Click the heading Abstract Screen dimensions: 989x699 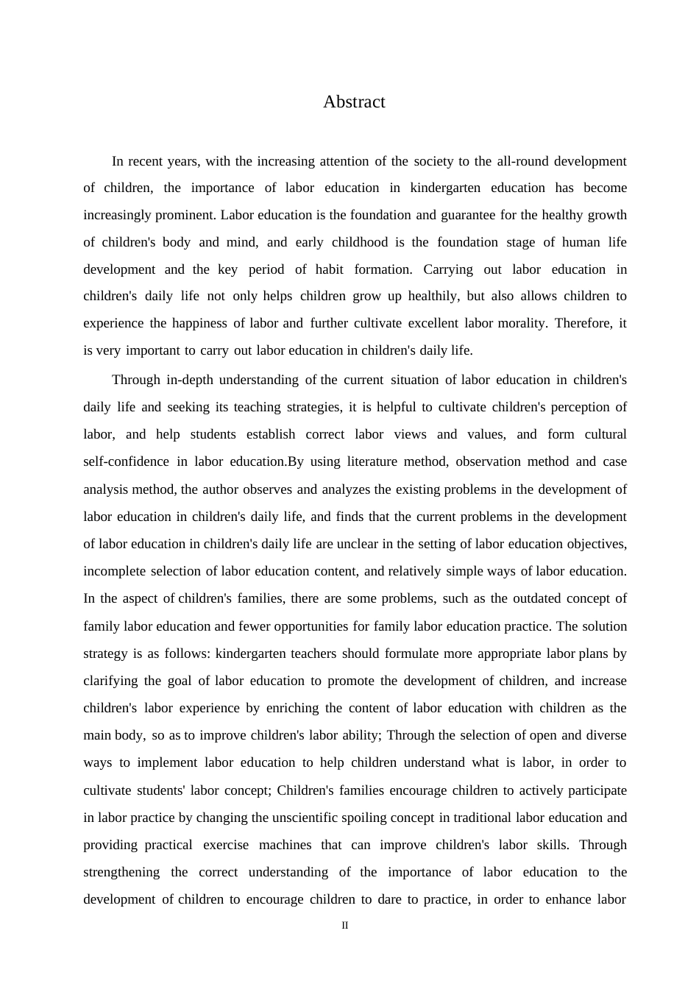354,102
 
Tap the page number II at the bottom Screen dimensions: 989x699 345,925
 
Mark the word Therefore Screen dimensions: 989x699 582,323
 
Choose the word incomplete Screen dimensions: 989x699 115,571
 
